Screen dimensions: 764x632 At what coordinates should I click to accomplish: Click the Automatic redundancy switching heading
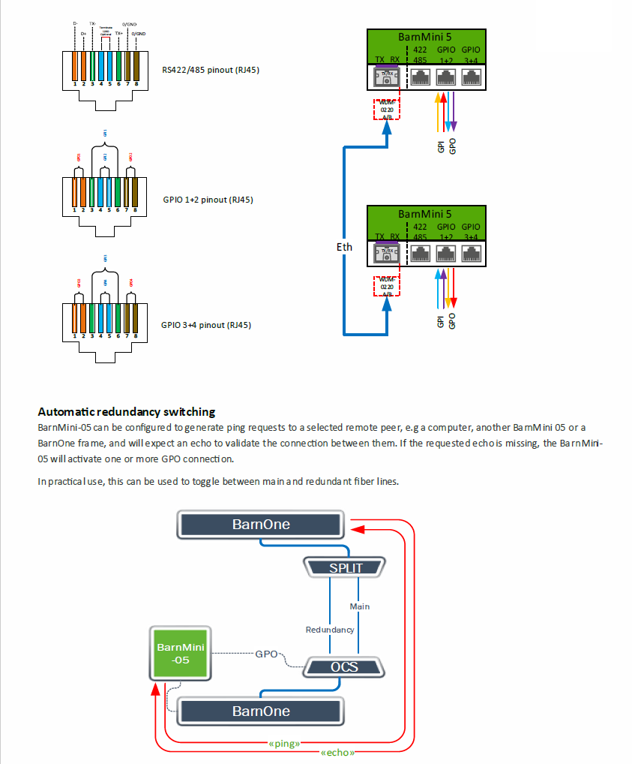click(x=127, y=411)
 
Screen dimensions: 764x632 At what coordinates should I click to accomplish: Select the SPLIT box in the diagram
click(x=345, y=567)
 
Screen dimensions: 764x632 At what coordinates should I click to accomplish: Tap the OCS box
click(x=344, y=666)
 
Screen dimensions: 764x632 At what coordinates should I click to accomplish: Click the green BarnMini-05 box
click(x=180, y=652)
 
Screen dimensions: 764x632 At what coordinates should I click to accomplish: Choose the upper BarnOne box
click(x=260, y=525)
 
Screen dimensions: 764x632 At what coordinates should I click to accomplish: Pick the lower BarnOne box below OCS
click(x=260, y=710)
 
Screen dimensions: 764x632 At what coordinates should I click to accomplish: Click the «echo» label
click(x=337, y=752)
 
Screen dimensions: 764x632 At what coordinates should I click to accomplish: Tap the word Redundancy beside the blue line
click(x=330, y=630)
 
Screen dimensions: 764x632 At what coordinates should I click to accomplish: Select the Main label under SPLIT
click(x=360, y=606)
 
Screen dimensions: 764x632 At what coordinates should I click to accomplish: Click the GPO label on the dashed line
click(x=267, y=654)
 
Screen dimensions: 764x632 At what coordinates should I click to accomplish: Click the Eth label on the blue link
click(x=344, y=247)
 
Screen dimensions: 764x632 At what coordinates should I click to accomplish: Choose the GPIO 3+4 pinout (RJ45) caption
click(x=206, y=326)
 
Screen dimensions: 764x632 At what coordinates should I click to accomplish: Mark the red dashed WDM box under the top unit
click(x=387, y=109)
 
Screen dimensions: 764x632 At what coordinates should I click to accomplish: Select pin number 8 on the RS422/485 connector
click(x=135, y=84)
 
